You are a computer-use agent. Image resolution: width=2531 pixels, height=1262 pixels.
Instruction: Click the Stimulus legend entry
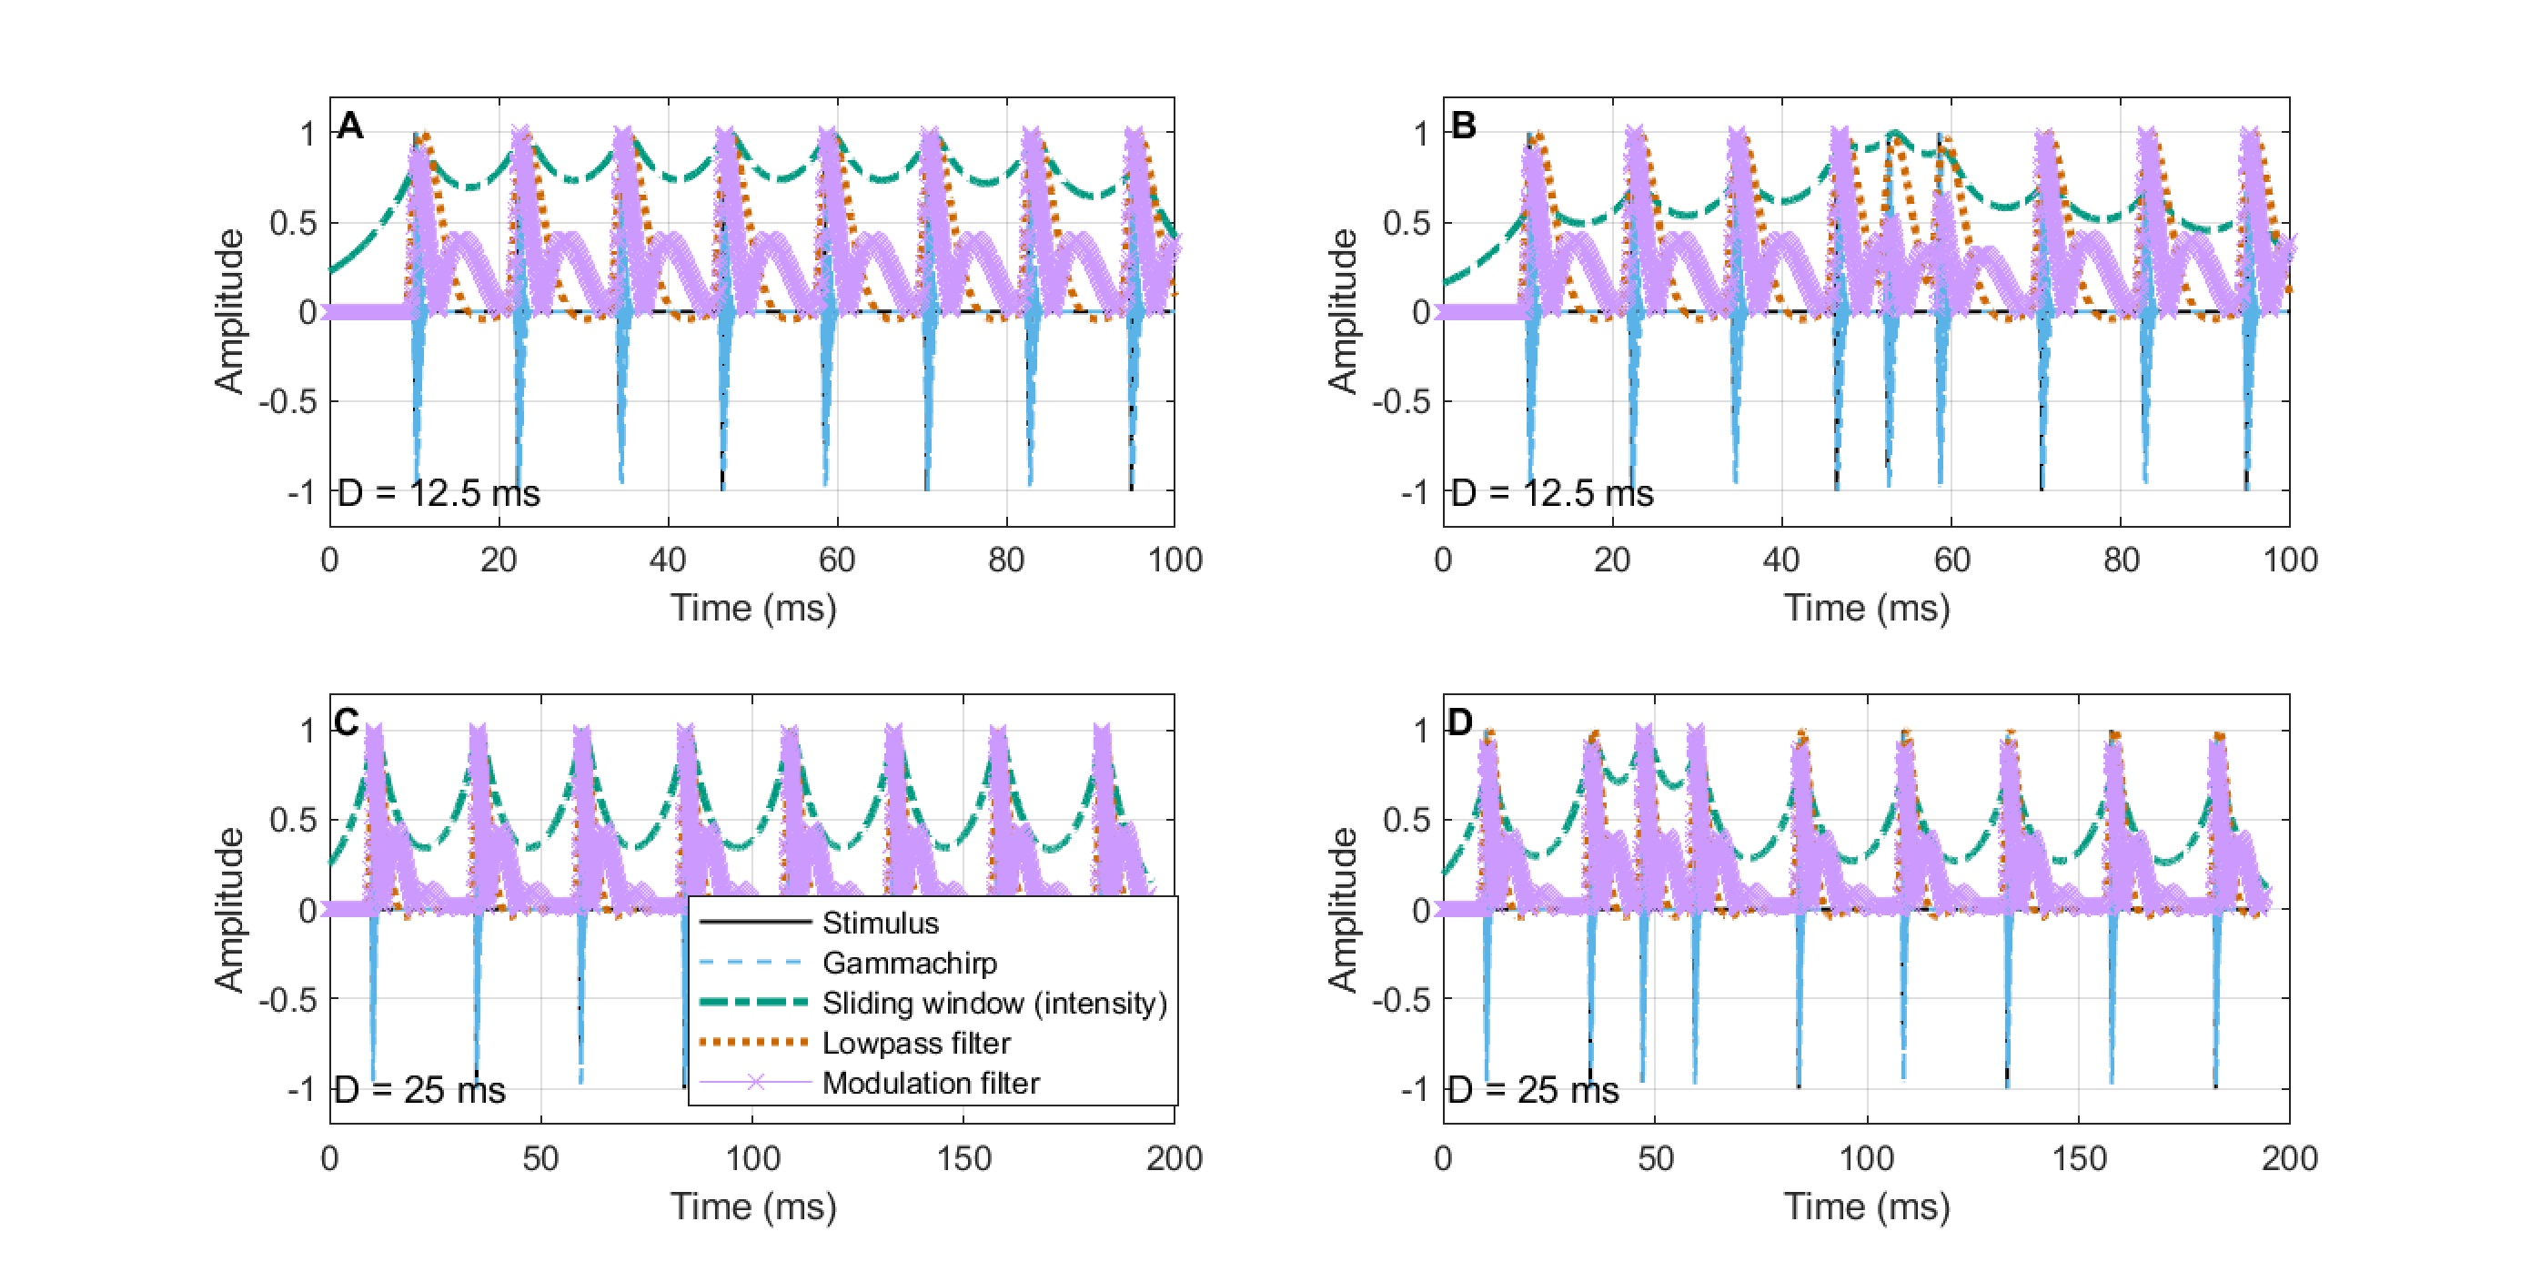[880, 923]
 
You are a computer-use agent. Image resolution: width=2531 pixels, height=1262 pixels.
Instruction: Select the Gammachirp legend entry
[909, 964]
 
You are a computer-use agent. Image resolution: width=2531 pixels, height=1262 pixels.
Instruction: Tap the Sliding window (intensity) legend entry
[993, 1004]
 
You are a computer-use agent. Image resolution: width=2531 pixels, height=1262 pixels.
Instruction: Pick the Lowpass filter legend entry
[916, 1044]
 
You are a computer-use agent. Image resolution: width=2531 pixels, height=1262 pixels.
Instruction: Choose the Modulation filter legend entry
[930, 1083]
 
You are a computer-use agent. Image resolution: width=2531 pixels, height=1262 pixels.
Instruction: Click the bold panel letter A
[349, 126]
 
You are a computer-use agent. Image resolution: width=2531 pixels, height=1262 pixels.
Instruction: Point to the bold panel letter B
[1463, 126]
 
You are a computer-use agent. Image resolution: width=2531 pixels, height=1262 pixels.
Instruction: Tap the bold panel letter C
[346, 723]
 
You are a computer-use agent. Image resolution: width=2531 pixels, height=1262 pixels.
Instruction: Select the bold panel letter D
[1460, 723]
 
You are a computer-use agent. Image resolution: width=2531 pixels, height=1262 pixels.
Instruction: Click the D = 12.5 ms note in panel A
[439, 493]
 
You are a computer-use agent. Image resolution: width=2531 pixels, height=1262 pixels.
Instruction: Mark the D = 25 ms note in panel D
[1533, 1090]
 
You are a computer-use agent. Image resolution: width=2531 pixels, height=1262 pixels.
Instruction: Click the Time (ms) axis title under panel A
[752, 608]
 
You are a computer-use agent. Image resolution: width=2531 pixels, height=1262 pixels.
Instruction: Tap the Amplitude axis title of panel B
[1342, 310]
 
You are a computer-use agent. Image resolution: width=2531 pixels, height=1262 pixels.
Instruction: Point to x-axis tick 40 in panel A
[667, 560]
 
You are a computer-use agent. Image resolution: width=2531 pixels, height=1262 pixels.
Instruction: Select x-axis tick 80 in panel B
[2121, 560]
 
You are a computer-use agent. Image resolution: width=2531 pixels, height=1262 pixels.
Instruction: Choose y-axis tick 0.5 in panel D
[1406, 821]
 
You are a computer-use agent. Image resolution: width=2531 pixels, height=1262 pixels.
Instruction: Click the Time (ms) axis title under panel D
[1866, 1206]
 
